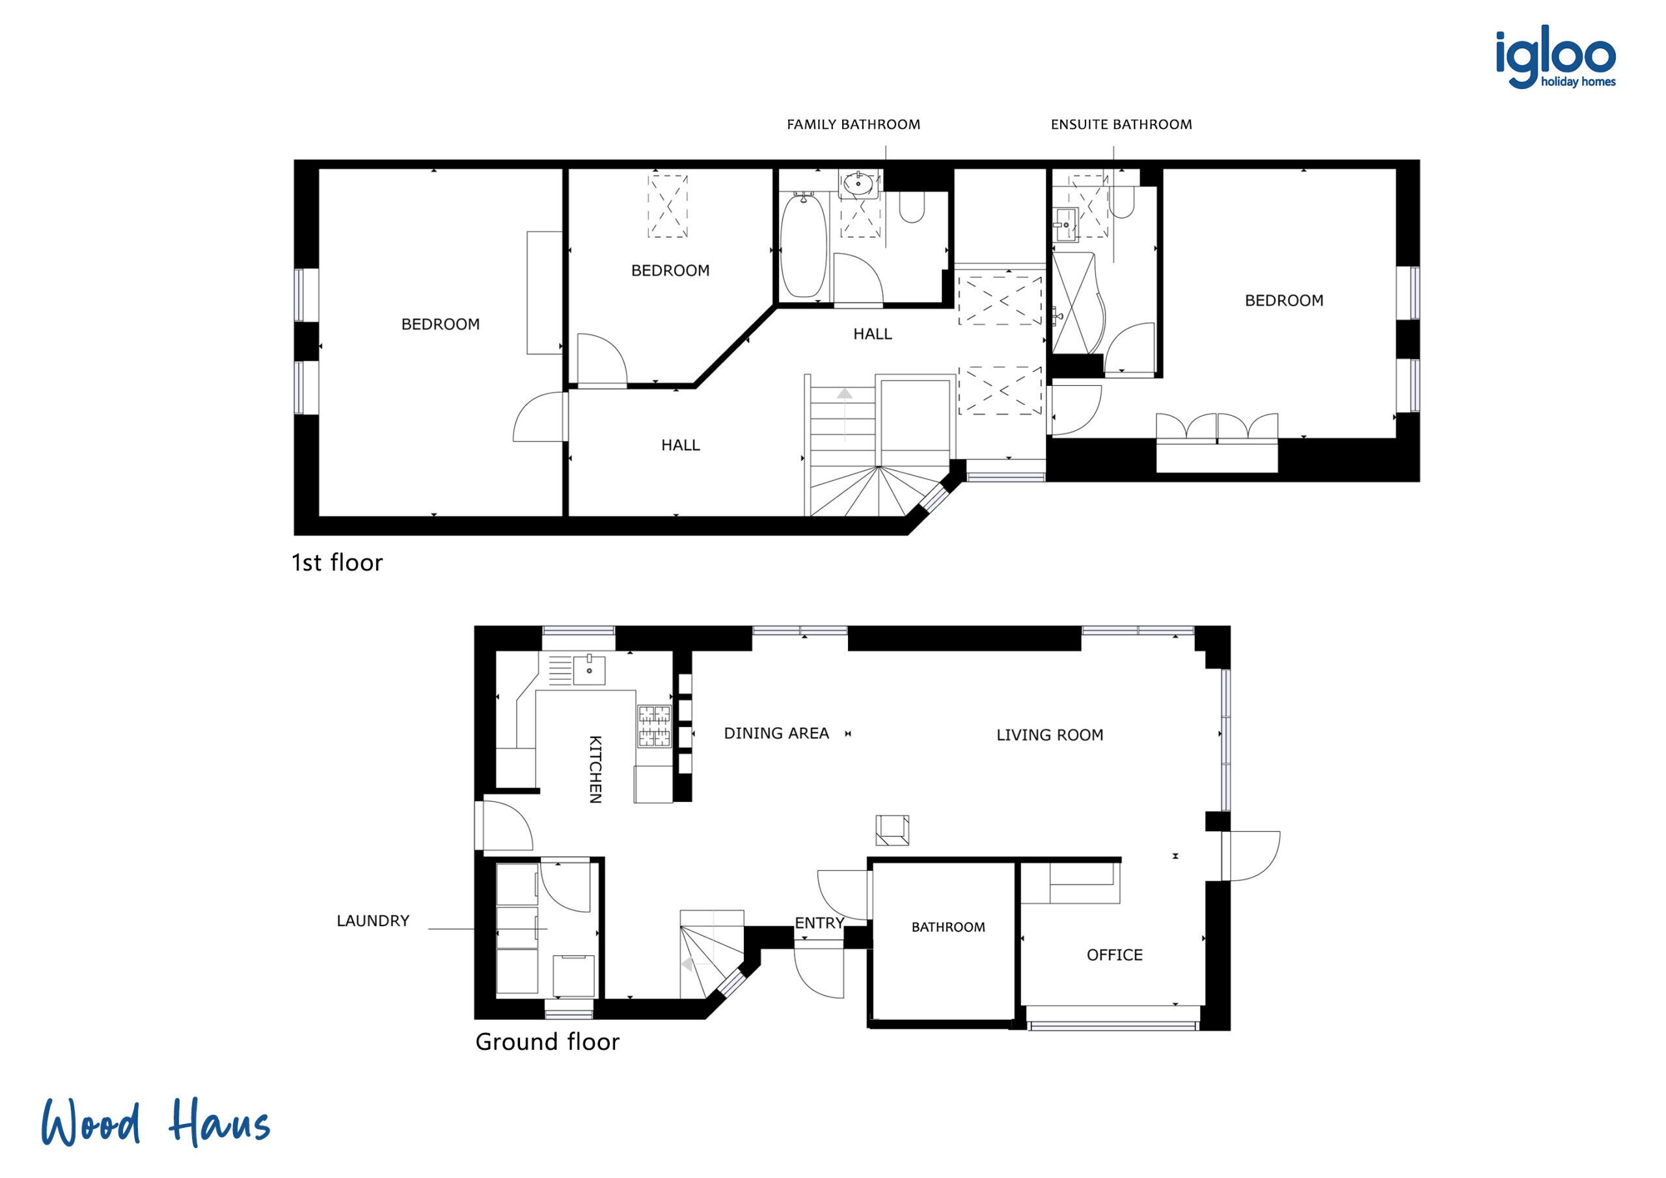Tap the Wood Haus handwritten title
[x=156, y=1123]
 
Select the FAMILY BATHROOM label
[x=853, y=125]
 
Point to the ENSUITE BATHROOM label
[x=1121, y=125]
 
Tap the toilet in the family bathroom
[x=912, y=208]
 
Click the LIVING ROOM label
[x=1049, y=735]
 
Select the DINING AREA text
[x=776, y=733]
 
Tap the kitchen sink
[x=588, y=669]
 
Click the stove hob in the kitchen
[x=654, y=726]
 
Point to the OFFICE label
[x=1113, y=955]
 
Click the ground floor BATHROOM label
[x=948, y=927]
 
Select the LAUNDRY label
[x=373, y=921]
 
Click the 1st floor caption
[x=336, y=562]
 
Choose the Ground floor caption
[x=547, y=1042]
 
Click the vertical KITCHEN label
[x=595, y=769]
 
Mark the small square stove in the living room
[x=892, y=830]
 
